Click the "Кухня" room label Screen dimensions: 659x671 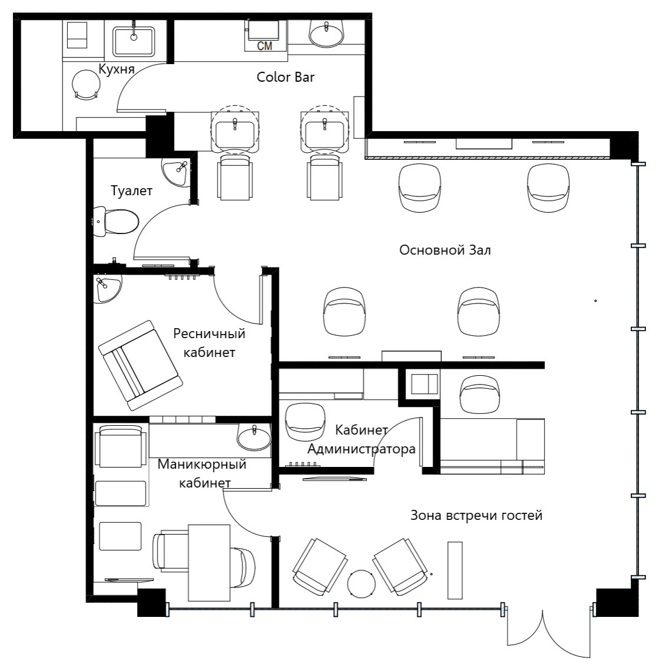pos(117,69)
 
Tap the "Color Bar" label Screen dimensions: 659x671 pos(285,77)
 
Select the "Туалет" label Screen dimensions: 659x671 pos(131,191)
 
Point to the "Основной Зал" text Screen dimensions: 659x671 pos(445,250)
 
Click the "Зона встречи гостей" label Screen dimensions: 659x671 pos(477,515)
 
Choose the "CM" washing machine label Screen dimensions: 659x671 pos(265,46)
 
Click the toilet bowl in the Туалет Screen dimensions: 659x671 pos(116,222)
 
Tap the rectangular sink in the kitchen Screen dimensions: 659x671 pos(134,42)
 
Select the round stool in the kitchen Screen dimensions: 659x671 pos(86,85)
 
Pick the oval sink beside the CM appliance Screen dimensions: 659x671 pos(327,34)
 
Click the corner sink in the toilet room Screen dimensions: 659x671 pos(177,172)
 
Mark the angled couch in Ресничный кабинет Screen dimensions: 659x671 pos(140,365)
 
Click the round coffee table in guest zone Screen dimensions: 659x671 pos(361,584)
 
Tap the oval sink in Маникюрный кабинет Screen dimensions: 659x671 pos(254,438)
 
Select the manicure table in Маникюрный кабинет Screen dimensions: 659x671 pos(209,563)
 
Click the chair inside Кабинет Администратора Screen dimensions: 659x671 pos(304,422)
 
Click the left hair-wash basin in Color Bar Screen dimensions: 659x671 pos(235,131)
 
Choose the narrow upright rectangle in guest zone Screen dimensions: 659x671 pos(455,570)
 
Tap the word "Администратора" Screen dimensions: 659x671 pos(361,449)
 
